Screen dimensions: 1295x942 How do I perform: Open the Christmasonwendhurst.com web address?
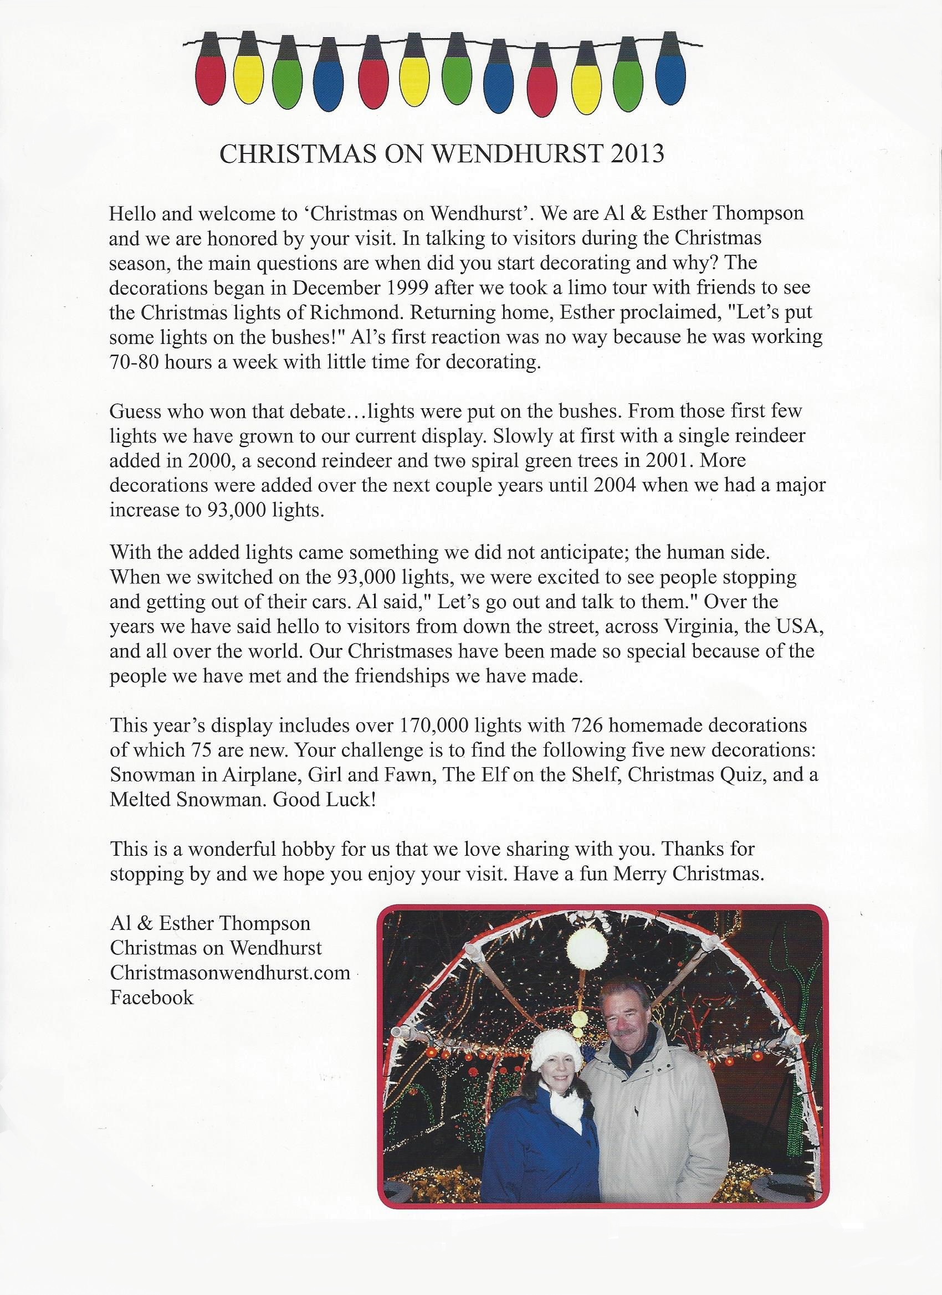point(229,973)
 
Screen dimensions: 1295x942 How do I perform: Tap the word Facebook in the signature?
point(151,998)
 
